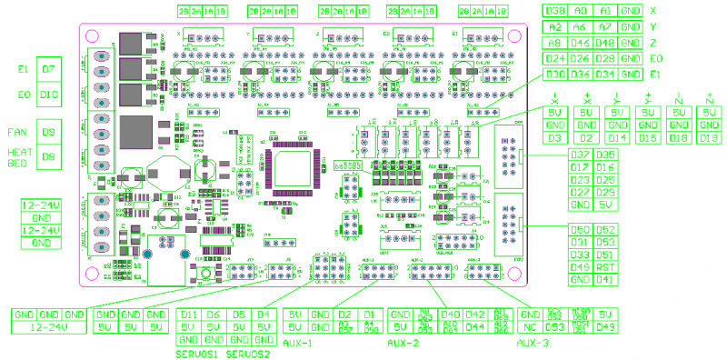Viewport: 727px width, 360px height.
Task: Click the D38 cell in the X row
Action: [556, 11]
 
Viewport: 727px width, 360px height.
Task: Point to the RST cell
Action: [606, 267]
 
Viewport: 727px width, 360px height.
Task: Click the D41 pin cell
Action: [606, 280]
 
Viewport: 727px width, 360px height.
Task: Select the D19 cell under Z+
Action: [709, 137]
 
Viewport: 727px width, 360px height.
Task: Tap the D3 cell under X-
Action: [556, 137]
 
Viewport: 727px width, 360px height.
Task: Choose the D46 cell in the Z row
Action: [582, 43]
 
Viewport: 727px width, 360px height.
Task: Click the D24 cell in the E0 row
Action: [556, 58]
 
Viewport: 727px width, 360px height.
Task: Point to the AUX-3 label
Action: [533, 344]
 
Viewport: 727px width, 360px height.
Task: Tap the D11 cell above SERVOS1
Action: [189, 314]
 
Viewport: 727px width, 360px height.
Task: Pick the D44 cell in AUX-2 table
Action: [473, 326]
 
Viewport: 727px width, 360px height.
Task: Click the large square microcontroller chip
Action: [292, 171]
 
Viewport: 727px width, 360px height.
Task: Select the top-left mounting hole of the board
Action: [91, 35]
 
